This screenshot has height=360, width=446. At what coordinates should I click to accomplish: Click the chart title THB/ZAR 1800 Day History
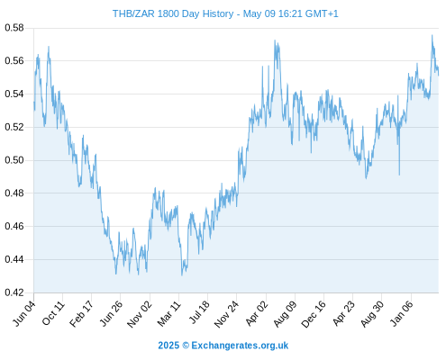(x=173, y=13)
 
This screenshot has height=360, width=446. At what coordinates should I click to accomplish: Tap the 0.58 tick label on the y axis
(x=14, y=28)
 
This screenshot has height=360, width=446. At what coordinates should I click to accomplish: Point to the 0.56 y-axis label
(x=14, y=61)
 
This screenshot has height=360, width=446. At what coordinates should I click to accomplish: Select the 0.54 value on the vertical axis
(x=14, y=94)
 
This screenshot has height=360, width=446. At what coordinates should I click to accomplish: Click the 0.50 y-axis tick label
(x=14, y=160)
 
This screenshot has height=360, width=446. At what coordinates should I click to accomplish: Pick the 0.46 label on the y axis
(x=14, y=226)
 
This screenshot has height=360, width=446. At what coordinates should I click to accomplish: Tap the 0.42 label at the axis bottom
(x=14, y=292)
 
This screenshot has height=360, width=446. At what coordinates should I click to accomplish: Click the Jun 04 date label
(x=24, y=313)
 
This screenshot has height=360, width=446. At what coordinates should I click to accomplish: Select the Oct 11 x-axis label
(x=53, y=313)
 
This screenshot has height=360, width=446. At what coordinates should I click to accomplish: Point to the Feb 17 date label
(x=82, y=313)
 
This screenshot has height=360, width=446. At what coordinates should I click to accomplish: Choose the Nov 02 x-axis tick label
(x=140, y=314)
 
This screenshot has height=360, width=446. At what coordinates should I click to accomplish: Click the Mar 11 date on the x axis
(x=169, y=314)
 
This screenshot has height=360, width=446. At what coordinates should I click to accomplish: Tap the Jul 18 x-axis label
(x=199, y=312)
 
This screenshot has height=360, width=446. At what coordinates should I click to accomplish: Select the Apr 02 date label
(x=256, y=313)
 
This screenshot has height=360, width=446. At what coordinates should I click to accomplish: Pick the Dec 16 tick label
(x=314, y=314)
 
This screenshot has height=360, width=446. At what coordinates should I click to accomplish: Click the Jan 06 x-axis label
(x=402, y=313)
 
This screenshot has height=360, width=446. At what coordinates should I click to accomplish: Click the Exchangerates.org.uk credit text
(x=240, y=346)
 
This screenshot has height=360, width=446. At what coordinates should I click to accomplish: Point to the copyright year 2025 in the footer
(x=168, y=346)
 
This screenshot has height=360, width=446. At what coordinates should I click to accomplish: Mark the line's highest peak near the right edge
(x=432, y=35)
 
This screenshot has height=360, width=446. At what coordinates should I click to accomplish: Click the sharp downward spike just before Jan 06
(x=399, y=175)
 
